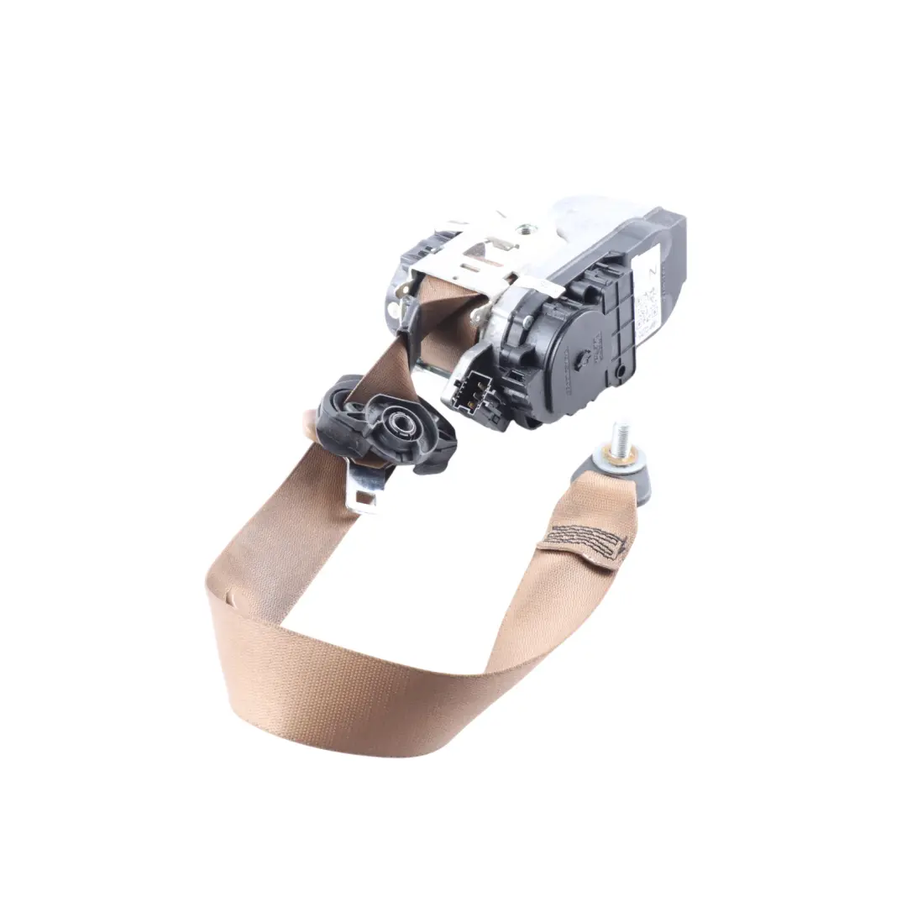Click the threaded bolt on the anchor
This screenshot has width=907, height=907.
[x=621, y=438]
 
